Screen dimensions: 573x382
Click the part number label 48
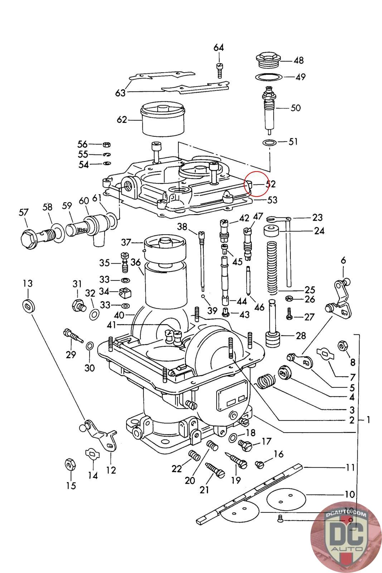point(299,61)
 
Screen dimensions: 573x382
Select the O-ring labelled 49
point(268,77)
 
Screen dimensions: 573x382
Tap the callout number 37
point(126,242)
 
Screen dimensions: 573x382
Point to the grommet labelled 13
point(28,305)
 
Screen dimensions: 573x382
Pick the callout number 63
point(120,93)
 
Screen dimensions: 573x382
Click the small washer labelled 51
point(269,143)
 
